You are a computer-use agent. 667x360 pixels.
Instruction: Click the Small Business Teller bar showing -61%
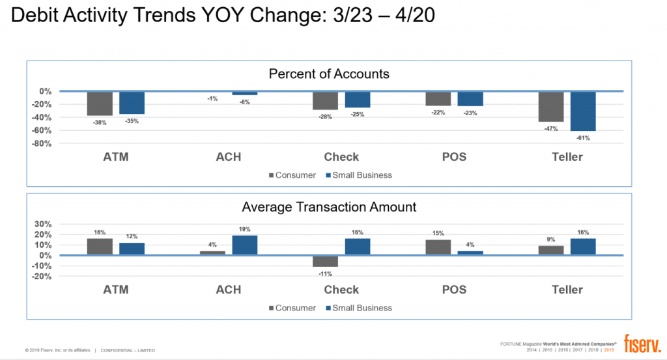(583, 111)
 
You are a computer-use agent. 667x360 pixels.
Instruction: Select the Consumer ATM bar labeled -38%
(100, 104)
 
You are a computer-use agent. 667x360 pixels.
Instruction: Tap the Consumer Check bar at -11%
(325, 261)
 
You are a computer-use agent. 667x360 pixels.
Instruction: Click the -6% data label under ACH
(244, 102)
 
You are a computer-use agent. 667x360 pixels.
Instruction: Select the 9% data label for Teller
(550, 239)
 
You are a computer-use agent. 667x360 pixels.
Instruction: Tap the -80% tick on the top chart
(42, 143)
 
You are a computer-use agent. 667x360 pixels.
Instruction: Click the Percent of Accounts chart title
(329, 74)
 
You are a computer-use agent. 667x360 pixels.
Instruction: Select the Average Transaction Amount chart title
(329, 207)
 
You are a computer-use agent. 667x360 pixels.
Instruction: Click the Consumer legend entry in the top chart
(292, 175)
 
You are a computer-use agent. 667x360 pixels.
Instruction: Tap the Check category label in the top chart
(341, 157)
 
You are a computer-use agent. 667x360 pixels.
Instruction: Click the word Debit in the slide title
(38, 16)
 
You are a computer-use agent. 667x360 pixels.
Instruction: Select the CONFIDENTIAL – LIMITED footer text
(128, 351)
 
